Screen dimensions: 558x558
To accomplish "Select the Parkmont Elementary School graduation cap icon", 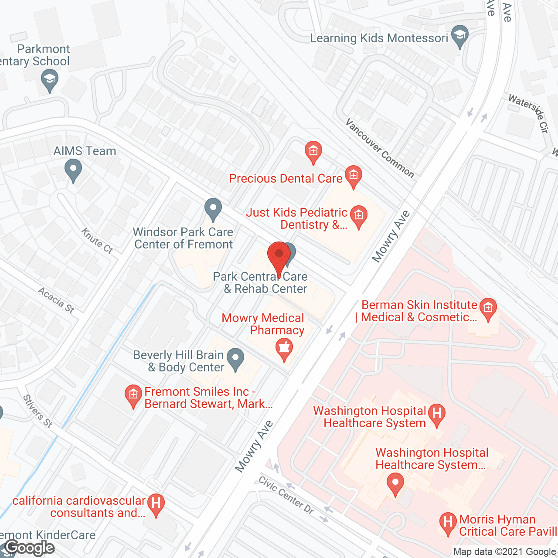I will [50, 80].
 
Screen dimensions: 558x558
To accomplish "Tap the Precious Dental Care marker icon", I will [353, 176].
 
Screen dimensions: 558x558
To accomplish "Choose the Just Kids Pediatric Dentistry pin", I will [359, 216].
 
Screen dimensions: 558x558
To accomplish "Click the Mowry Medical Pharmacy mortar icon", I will [284, 349].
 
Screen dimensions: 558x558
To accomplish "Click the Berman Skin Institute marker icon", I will [488, 308].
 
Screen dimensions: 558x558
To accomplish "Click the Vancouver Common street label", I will [380, 148].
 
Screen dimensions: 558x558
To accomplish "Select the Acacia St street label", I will [56, 300].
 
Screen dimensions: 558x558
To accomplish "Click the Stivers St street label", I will [37, 411].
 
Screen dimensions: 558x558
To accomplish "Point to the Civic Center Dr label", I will [286, 495].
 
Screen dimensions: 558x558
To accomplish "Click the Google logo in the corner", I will [30, 548].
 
